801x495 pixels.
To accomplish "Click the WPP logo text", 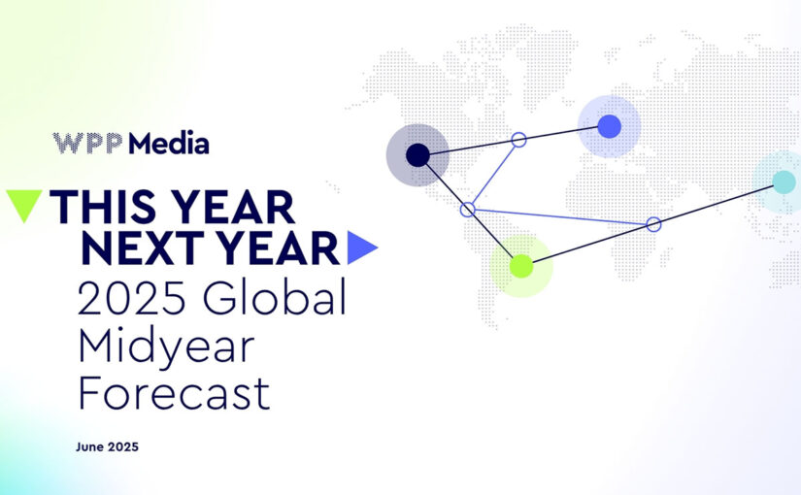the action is [87, 143].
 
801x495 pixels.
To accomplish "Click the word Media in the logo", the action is [169, 143].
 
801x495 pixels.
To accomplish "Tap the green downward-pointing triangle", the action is [24, 206].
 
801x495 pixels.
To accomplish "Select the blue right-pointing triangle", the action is [362, 247].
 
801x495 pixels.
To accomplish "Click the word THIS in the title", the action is [103, 207].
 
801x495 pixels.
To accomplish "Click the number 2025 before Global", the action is [131, 297].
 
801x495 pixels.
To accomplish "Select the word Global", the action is [275, 296].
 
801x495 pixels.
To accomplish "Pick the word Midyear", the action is [167, 346].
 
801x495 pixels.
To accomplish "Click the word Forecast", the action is [174, 393].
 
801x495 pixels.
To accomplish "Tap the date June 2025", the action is [107, 447].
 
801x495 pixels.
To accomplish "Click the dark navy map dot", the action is [417, 155].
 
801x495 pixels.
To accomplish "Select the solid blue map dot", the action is [610, 126].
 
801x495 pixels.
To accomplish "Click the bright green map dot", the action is [521, 266].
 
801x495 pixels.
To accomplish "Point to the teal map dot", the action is [784, 181].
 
